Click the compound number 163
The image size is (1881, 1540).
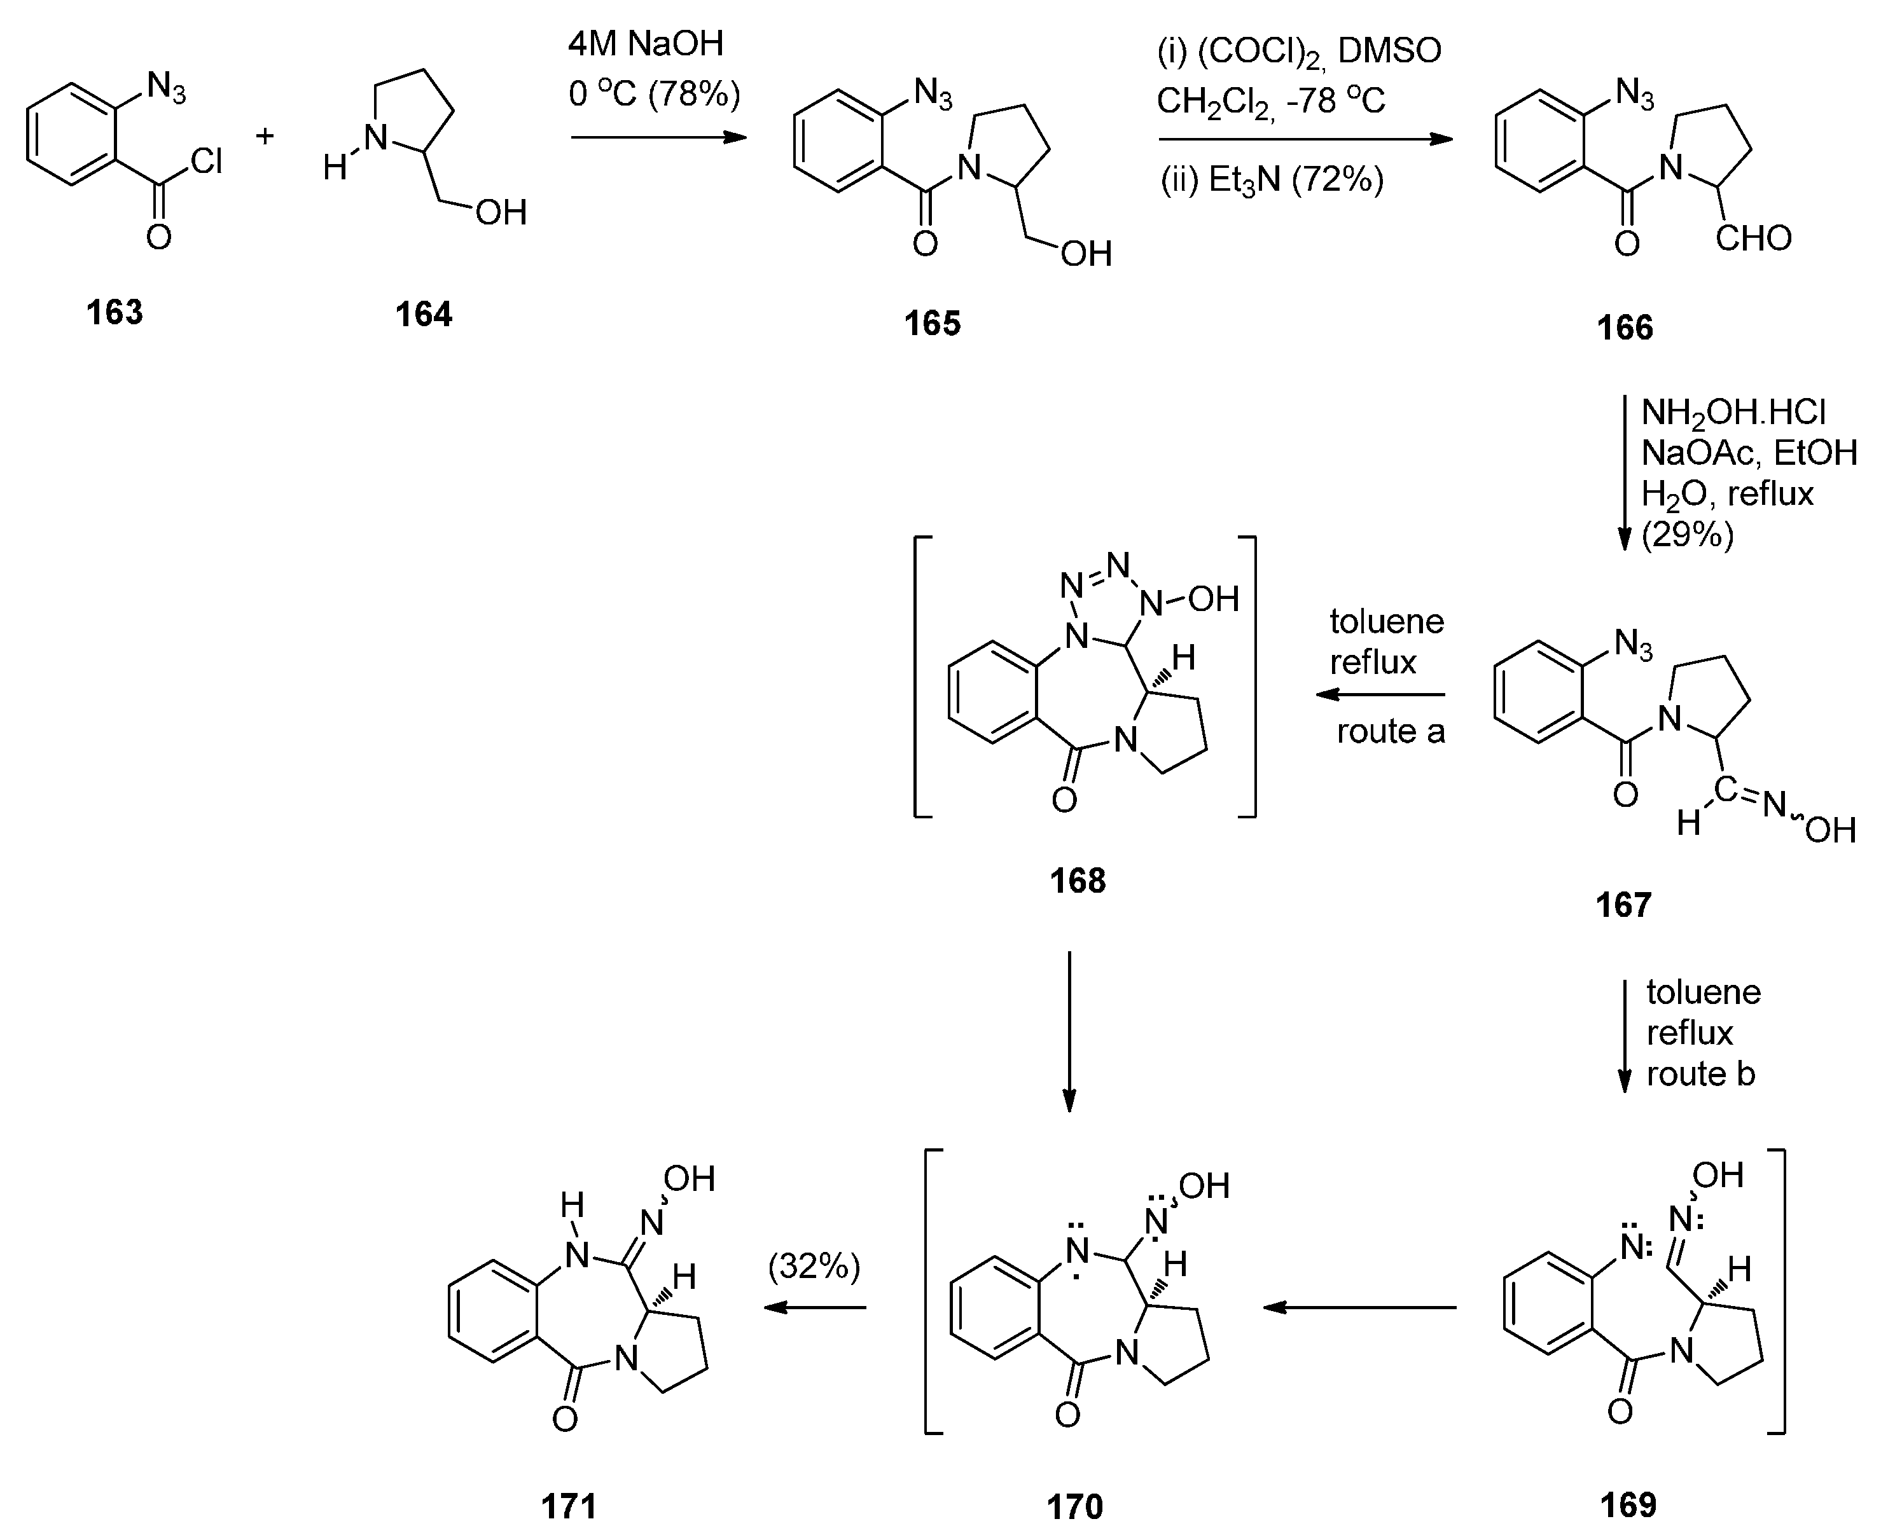tap(115, 313)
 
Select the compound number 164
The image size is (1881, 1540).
tap(423, 315)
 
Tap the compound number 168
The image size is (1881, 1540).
tap(1077, 881)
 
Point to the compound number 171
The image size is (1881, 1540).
tap(569, 1506)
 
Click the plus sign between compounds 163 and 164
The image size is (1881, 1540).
tap(265, 135)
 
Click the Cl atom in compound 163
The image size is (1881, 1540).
tap(206, 162)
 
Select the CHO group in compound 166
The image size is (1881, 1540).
tap(1753, 238)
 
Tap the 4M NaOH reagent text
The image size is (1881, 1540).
tap(646, 43)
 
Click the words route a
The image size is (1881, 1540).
tap(1391, 732)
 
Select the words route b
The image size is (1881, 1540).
tap(1700, 1075)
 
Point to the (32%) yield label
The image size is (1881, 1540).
tap(814, 1266)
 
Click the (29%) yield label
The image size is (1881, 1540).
tap(1687, 534)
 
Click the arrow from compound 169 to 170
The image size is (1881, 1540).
tap(1358, 1307)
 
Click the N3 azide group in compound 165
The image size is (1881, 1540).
tap(933, 92)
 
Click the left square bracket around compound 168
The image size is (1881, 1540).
tap(919, 676)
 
